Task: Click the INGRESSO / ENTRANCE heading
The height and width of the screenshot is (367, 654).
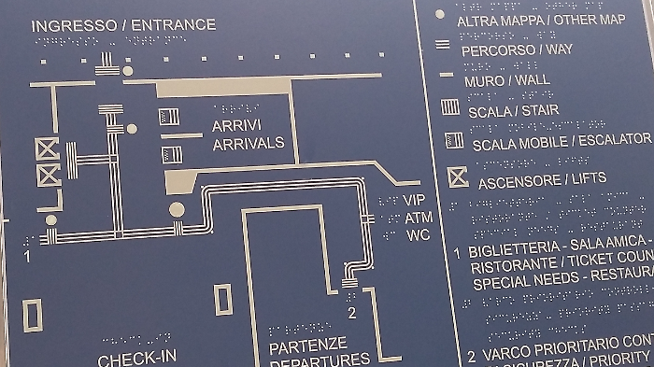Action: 123,25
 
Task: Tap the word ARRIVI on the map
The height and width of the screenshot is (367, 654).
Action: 236,125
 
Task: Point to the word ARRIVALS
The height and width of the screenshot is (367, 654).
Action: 249,143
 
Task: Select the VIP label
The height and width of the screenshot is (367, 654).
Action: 415,200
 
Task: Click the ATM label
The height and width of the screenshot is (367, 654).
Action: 418,217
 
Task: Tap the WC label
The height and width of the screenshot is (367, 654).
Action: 418,234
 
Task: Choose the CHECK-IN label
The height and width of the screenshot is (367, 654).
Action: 136,359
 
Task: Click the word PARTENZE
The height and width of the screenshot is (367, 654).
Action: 307,345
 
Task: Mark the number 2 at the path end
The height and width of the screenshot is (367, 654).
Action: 351,312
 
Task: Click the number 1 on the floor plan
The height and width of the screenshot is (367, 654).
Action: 28,253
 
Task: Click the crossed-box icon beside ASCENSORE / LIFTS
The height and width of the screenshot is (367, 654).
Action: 457,176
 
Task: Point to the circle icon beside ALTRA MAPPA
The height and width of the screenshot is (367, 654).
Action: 440,15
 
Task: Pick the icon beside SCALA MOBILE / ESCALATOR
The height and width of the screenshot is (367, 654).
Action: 454,140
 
